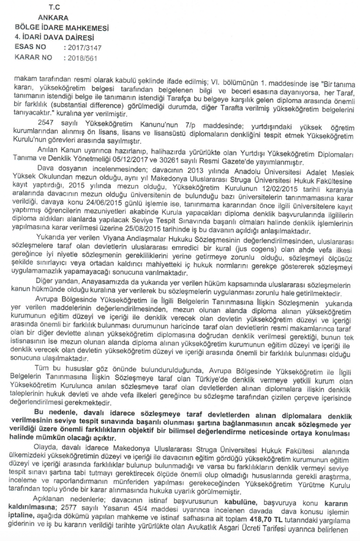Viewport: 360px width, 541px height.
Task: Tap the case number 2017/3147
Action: pyautogui.click(x=80, y=46)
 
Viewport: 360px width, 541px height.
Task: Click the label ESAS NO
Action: pyautogui.click(x=33, y=46)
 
